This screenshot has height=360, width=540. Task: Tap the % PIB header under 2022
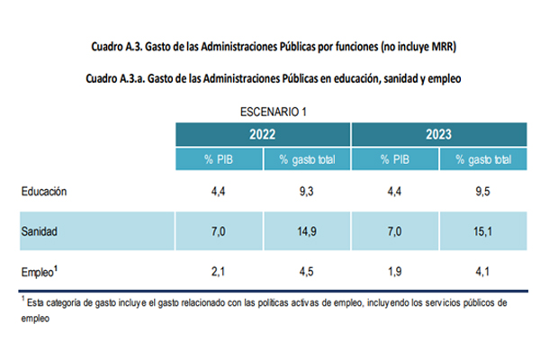tap(219, 159)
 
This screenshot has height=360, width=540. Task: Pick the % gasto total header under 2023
tap(484, 159)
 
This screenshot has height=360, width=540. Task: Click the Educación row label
tap(44, 191)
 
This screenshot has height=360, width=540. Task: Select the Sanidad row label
tap(40, 231)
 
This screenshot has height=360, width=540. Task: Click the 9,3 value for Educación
tap(306, 191)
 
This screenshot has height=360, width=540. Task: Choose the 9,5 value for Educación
tap(483, 191)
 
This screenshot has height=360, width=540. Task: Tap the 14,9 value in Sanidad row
tap(306, 231)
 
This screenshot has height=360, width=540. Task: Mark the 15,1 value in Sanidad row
tap(483, 231)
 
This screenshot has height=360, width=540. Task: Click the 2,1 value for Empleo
tap(219, 271)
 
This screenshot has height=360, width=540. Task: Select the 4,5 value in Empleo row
tap(306, 271)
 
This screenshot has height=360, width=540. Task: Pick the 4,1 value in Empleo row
tap(483, 271)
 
